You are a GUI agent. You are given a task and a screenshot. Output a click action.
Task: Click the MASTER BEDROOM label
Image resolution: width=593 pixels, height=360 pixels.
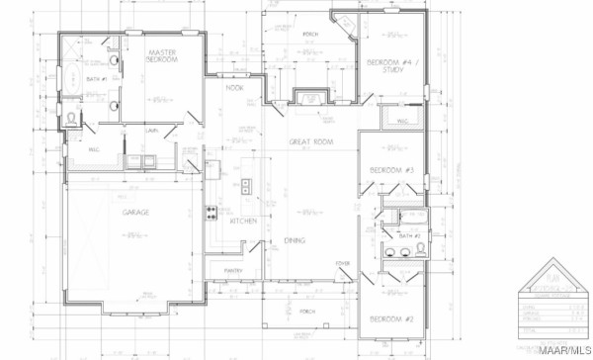[x=162, y=55]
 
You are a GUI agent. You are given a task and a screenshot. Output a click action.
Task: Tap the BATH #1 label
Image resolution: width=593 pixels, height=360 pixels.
[x=97, y=78]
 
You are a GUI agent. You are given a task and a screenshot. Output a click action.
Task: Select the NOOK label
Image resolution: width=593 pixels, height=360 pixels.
[x=234, y=89]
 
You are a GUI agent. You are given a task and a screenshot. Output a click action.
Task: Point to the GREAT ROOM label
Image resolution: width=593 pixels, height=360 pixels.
[x=307, y=142]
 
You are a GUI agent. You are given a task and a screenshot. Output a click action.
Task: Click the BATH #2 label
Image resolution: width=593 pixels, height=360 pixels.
[x=410, y=237]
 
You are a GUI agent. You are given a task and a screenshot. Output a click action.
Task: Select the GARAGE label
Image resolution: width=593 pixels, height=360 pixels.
[x=135, y=213]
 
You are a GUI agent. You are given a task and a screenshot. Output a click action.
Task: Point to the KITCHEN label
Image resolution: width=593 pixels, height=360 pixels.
[x=243, y=221]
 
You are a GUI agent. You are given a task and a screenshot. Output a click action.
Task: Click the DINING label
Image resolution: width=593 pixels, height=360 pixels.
[x=295, y=240]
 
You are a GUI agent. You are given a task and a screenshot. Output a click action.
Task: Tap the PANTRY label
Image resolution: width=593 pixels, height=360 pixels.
[x=233, y=269]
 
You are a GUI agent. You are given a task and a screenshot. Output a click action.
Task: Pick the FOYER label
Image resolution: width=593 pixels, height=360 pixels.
[x=343, y=263]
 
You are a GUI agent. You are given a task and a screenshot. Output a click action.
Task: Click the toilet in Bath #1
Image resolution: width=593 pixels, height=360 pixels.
[x=71, y=118]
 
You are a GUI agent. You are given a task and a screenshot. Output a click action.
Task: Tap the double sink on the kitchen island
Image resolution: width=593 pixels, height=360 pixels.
[x=245, y=185]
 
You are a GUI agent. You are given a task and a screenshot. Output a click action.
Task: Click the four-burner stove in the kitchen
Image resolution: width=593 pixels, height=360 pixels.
[x=212, y=214]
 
